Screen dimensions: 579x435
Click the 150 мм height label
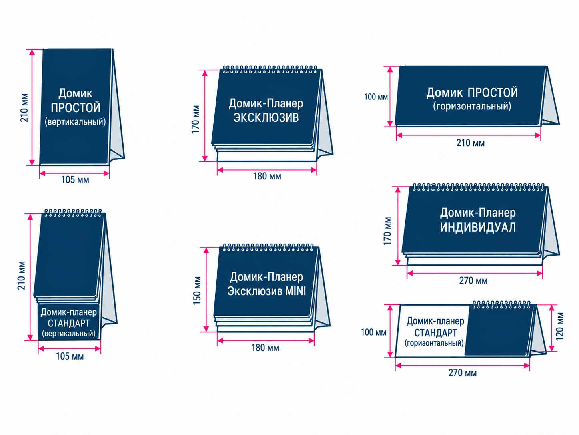(x=197, y=290)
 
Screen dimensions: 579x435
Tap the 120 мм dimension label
(x=559, y=327)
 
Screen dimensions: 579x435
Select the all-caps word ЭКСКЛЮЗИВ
(x=266, y=117)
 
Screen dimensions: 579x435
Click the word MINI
(x=295, y=291)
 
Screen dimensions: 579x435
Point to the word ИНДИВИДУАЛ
(x=478, y=227)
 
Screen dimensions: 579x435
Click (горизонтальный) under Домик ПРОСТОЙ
(x=472, y=106)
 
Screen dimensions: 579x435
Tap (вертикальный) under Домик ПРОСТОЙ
(x=75, y=122)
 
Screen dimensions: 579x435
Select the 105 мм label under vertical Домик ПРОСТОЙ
(x=75, y=180)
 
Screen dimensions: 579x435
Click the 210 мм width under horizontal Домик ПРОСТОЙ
(x=471, y=143)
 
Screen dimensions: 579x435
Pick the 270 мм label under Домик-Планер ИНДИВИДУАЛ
(x=473, y=280)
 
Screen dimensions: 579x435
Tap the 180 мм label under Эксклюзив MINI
(x=265, y=348)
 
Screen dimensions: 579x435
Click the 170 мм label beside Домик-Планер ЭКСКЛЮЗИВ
(x=196, y=119)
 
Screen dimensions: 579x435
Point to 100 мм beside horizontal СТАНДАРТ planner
(x=373, y=332)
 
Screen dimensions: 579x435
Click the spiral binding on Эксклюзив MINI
(x=268, y=248)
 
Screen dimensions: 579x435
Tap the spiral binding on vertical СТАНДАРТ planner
(x=73, y=213)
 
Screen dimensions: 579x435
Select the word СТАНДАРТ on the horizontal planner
(x=435, y=333)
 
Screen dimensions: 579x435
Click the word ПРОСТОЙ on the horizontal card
(x=493, y=93)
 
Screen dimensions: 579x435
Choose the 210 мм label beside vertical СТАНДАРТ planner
(x=21, y=276)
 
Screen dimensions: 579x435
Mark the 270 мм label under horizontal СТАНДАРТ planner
(x=463, y=373)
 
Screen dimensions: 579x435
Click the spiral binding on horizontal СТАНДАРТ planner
(x=501, y=304)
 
